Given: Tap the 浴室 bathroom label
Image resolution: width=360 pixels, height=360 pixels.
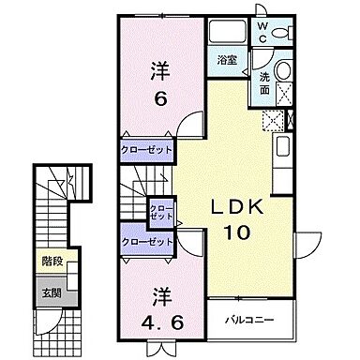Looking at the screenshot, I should (227, 62).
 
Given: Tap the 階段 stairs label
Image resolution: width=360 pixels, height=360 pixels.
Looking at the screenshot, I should (52, 264).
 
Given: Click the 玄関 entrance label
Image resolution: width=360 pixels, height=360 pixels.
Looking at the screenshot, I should (52, 291).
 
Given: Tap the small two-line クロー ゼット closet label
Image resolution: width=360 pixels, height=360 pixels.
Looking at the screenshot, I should (162, 210).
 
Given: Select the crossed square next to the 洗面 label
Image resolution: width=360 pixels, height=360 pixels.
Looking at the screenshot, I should (286, 95).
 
